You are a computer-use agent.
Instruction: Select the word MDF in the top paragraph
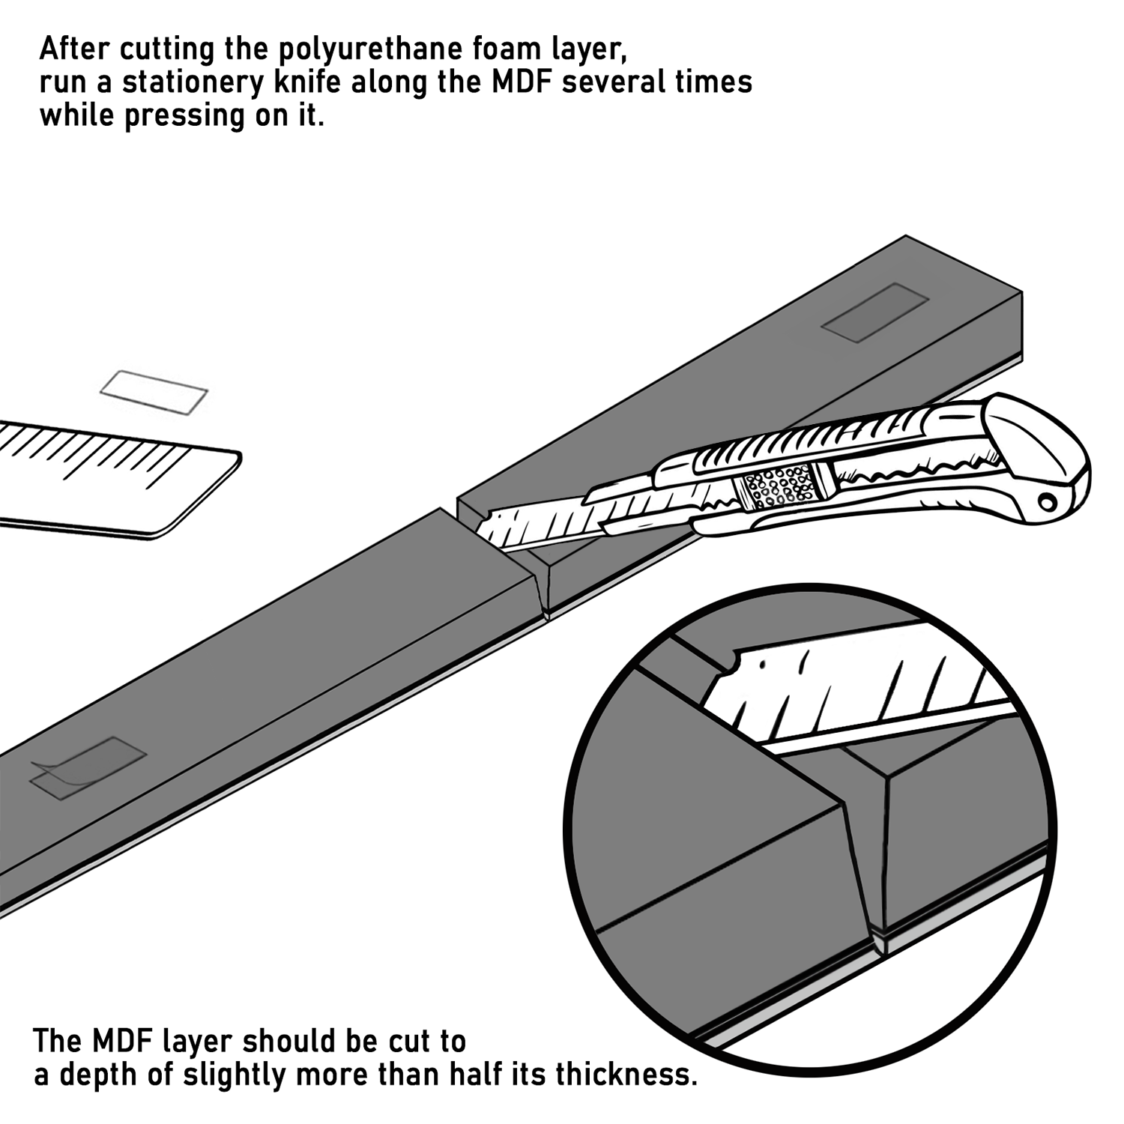522,82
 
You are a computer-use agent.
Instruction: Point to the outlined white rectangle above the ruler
154,392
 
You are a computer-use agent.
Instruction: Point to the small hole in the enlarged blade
762,664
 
